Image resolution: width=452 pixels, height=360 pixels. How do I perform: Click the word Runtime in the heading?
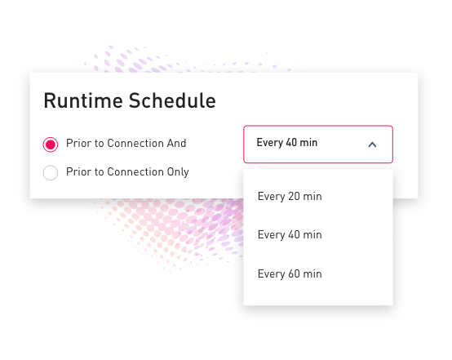(x=83, y=100)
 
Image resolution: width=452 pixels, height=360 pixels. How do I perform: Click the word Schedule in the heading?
(x=172, y=100)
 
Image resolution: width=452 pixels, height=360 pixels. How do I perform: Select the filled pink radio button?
(x=51, y=144)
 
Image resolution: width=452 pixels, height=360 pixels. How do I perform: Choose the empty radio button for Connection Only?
(x=51, y=172)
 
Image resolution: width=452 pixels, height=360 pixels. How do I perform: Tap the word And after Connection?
(x=177, y=143)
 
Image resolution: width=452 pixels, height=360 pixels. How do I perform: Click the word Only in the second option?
(x=178, y=172)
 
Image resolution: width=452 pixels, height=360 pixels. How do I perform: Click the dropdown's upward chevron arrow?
(x=372, y=144)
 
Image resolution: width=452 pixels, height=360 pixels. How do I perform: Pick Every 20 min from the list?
(x=290, y=197)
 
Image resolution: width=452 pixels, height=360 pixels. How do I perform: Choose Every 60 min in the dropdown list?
(x=290, y=274)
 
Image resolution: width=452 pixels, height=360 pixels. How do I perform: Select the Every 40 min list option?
(x=290, y=235)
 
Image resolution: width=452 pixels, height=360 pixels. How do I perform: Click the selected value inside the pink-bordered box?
(x=287, y=143)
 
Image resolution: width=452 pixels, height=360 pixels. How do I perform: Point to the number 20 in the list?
(x=294, y=196)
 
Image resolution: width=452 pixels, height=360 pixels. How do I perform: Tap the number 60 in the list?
(x=294, y=273)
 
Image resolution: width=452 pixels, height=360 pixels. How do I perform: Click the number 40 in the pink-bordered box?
(x=291, y=142)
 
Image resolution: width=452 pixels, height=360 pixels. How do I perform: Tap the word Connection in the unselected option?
(x=135, y=172)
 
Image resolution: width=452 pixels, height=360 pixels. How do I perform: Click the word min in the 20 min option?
(x=312, y=196)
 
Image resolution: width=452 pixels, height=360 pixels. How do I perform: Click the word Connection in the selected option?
(x=135, y=143)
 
